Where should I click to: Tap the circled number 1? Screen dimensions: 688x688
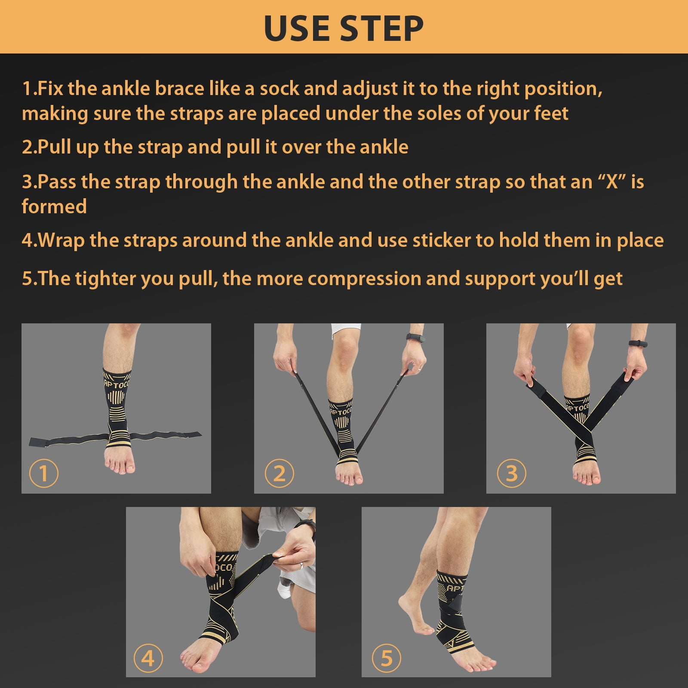[43, 473]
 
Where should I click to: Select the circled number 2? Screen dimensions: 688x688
[279, 473]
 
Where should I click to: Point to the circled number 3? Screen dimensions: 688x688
[511, 473]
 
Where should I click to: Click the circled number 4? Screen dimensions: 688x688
[148, 658]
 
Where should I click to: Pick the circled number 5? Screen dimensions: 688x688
[386, 658]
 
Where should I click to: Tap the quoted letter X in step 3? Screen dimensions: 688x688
[611, 182]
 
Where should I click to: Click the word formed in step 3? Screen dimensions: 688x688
[54, 206]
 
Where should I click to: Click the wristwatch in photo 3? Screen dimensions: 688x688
[638, 343]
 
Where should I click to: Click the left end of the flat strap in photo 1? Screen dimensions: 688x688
[30, 442]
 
